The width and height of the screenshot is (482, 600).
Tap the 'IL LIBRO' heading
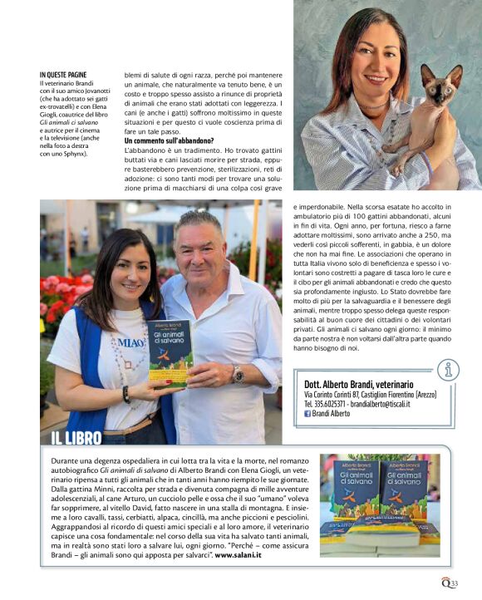(x=76, y=438)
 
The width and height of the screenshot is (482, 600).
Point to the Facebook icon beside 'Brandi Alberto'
(x=307, y=413)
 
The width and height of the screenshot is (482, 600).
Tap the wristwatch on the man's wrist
(x=238, y=375)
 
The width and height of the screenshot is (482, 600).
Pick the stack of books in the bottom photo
(x=379, y=509)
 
